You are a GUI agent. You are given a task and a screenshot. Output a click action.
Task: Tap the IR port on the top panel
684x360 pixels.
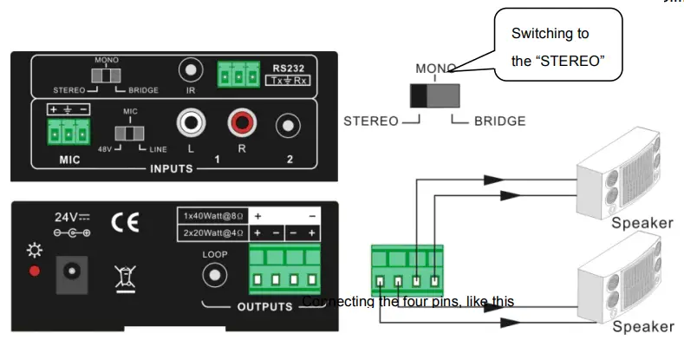click(191, 69)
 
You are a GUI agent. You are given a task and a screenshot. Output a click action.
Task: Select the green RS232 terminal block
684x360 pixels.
click(238, 75)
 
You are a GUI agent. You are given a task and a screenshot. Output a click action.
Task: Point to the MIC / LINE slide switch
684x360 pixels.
click(131, 134)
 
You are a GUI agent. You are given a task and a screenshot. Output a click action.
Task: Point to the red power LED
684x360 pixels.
click(33, 271)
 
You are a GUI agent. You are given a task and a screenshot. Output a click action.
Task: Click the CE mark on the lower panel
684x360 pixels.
click(124, 223)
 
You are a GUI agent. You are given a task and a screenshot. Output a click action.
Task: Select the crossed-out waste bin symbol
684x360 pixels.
click(124, 275)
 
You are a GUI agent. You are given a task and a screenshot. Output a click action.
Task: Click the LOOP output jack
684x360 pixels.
click(214, 276)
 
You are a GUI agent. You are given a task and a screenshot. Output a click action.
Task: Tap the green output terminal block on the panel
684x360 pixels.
click(284, 270)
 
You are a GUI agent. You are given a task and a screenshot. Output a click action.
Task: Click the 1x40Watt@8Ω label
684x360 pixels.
click(212, 215)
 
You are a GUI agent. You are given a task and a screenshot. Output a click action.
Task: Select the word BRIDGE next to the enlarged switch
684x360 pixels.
click(499, 121)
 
